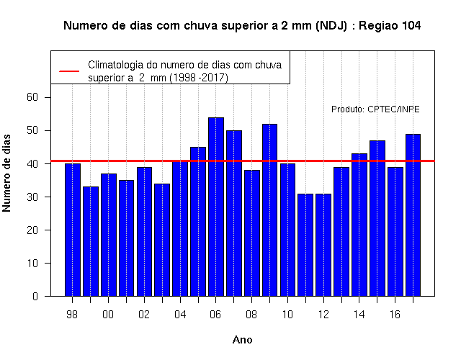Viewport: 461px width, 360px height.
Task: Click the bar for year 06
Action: click(216, 207)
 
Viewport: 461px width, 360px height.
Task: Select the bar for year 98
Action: click(73, 230)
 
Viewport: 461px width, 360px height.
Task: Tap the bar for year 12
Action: click(323, 245)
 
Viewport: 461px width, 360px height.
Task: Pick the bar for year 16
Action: click(395, 232)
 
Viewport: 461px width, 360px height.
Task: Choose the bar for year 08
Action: click(252, 233)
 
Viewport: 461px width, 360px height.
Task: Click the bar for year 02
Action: click(144, 232)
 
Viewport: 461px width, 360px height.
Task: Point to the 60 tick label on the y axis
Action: click(32, 97)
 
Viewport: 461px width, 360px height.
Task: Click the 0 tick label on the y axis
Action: click(35, 296)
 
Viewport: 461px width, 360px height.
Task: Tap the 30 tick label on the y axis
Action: click(32, 197)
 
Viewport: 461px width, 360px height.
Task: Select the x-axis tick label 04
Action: click(180, 315)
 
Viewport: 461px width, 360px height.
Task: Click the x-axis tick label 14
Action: click(359, 315)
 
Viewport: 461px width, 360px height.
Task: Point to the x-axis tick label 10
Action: click(287, 315)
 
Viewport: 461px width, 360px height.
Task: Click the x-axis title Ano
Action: click(243, 340)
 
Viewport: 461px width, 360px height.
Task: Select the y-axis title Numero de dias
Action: click(6, 173)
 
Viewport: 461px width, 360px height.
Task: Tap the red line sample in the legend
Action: click(69, 71)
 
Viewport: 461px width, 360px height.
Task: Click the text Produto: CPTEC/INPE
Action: click(375, 109)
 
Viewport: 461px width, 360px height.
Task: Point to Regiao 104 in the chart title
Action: click(390, 26)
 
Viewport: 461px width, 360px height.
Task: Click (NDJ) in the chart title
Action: click(331, 26)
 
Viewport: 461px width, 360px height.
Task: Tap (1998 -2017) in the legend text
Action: click(199, 78)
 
